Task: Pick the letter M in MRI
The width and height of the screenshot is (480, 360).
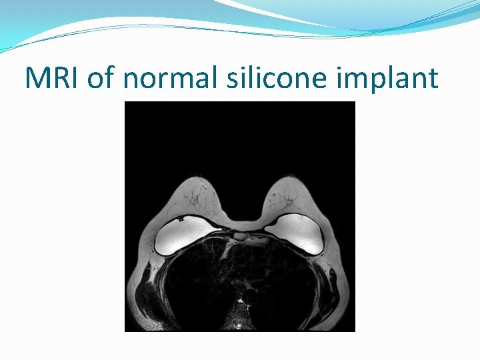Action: [x=38, y=78]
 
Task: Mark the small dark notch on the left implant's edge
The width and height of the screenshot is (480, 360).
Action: [x=179, y=219]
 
